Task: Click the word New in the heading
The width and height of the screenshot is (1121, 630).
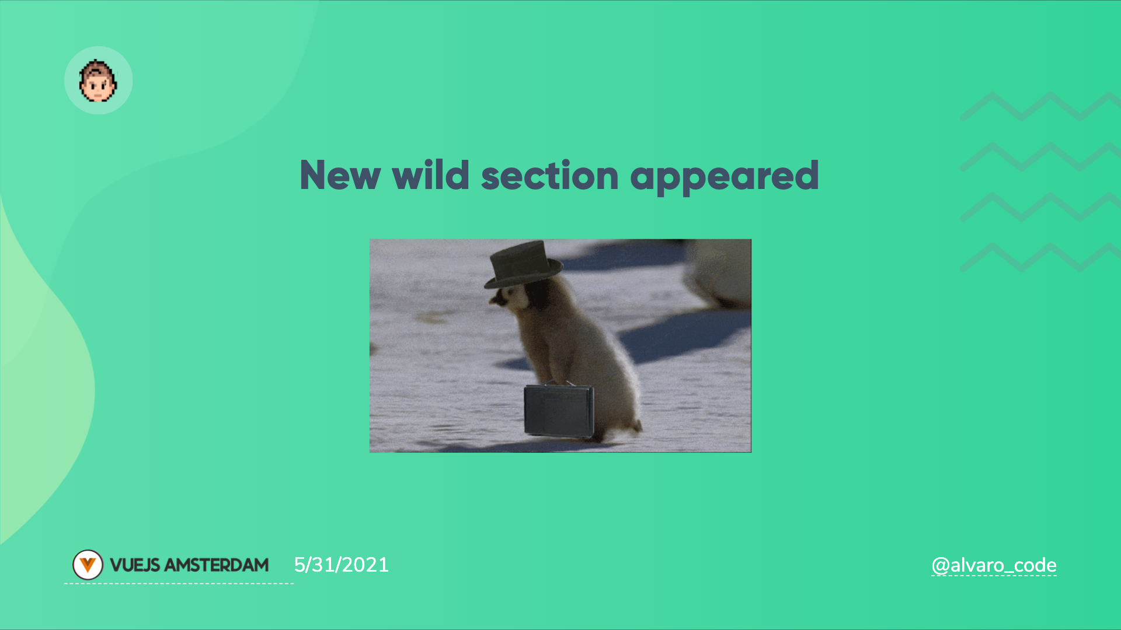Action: (340, 176)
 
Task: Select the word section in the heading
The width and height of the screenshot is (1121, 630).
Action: (550, 176)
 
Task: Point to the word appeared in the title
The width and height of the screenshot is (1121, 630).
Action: (725, 177)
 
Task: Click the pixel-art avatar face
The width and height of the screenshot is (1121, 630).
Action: (98, 80)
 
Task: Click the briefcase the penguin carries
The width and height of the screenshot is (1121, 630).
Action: (559, 411)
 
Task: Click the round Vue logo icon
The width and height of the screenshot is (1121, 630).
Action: (88, 565)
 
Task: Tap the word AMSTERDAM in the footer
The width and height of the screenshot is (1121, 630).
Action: (217, 565)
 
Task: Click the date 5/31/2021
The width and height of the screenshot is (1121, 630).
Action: (341, 565)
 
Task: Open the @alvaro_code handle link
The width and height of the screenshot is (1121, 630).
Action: (994, 565)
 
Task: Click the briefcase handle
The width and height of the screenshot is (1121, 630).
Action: (559, 383)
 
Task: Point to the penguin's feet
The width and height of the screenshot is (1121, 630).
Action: (619, 432)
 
